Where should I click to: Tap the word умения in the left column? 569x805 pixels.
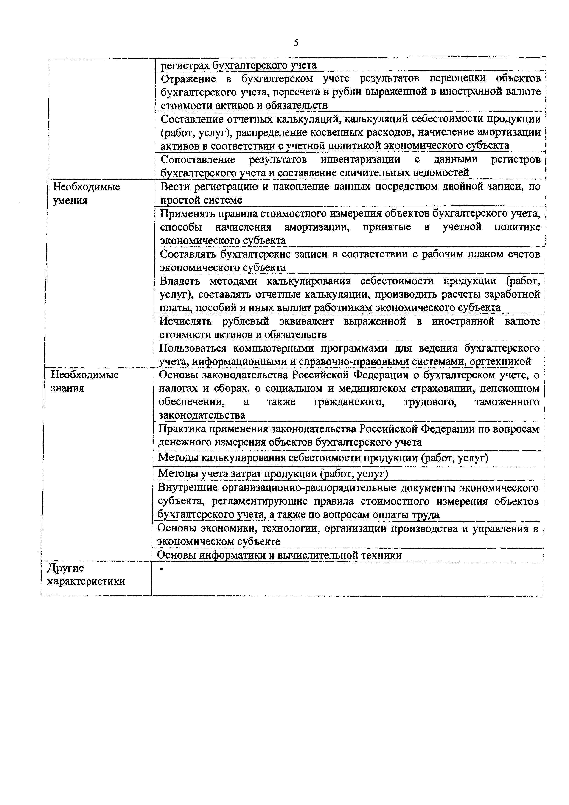coord(70,201)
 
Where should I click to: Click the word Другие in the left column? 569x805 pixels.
coord(66,568)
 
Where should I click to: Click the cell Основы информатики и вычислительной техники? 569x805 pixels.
coord(279,555)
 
